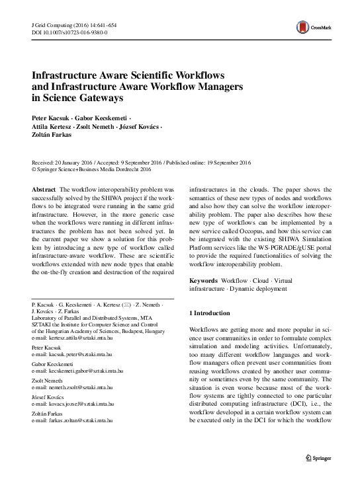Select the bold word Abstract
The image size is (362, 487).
coord(44,189)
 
